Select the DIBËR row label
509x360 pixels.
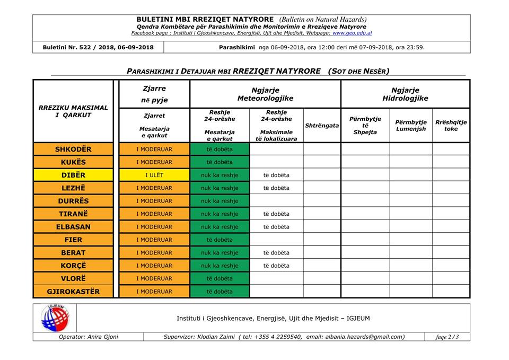[x=73, y=175]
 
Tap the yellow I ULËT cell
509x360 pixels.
[x=154, y=175]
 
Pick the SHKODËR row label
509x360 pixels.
[x=73, y=150]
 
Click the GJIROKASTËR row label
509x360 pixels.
[x=73, y=292]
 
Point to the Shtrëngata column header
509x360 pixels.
[x=322, y=126]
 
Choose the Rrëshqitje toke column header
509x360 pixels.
[x=451, y=126]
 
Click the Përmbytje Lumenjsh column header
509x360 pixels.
[x=410, y=126]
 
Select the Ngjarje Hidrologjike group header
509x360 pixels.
[x=405, y=94]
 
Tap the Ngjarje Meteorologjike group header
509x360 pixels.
[x=265, y=94]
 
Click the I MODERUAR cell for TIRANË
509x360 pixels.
[x=154, y=214]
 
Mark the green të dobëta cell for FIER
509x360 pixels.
[x=220, y=240]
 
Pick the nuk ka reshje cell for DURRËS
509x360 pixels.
[x=220, y=201]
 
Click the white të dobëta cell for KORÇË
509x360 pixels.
[x=276, y=266]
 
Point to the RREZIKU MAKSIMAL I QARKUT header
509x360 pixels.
[x=73, y=111]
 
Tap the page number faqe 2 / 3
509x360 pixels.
[x=447, y=337]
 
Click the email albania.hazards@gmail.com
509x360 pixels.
[x=366, y=337]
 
